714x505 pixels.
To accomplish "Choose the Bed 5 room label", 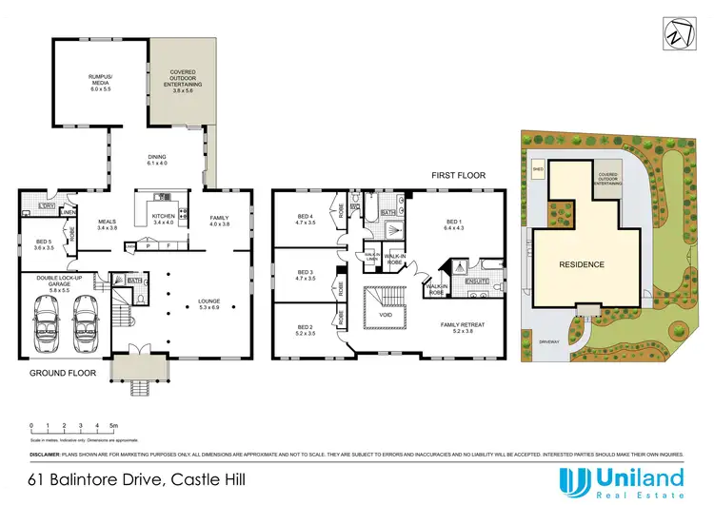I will [x=43, y=244].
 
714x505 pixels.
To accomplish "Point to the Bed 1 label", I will [x=452, y=225].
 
